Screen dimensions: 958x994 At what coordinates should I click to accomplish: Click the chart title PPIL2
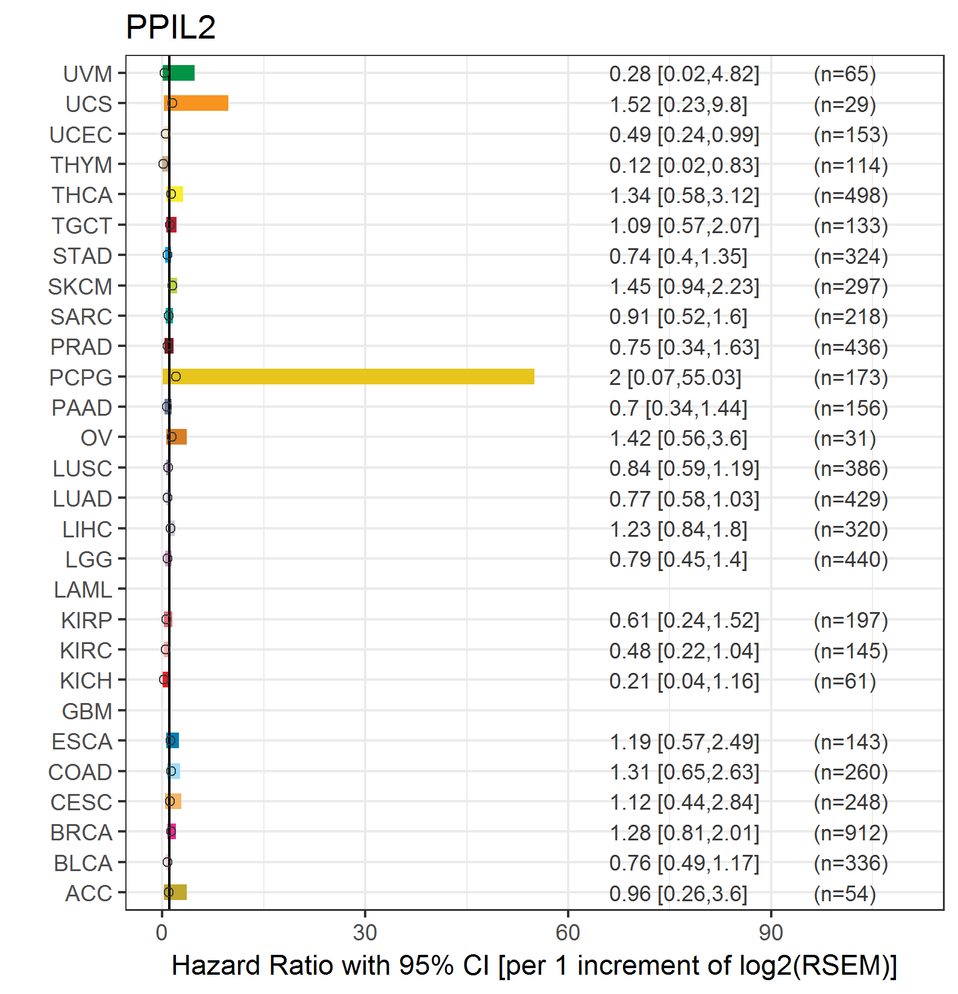pos(171,27)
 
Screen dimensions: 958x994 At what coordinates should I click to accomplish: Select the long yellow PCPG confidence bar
pos(348,377)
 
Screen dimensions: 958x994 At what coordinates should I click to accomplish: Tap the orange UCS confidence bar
pos(196,103)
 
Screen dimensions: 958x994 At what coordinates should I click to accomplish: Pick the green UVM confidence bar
pos(178,73)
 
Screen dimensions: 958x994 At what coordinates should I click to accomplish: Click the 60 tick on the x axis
pos(568,933)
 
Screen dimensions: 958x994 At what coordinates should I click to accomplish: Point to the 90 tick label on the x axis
pos(771,933)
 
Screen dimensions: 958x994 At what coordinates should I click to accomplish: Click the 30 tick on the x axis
pos(365,933)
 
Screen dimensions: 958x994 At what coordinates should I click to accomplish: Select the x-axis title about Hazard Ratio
pos(534,965)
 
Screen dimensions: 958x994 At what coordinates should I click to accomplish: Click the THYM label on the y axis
pos(81,164)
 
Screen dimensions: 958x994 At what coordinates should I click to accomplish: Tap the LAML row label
pos(83,589)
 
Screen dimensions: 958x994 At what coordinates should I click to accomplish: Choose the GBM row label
pos(87,711)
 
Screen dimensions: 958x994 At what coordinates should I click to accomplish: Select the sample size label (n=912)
pos(851,833)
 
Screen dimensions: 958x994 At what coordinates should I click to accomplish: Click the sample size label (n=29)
pos(845,104)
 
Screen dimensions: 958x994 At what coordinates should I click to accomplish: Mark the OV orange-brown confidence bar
pos(177,437)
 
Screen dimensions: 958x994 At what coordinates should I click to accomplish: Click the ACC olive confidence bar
pos(175,892)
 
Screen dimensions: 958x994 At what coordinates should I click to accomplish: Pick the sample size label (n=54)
pos(845,893)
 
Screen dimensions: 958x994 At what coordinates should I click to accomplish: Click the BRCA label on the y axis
pos(81,833)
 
